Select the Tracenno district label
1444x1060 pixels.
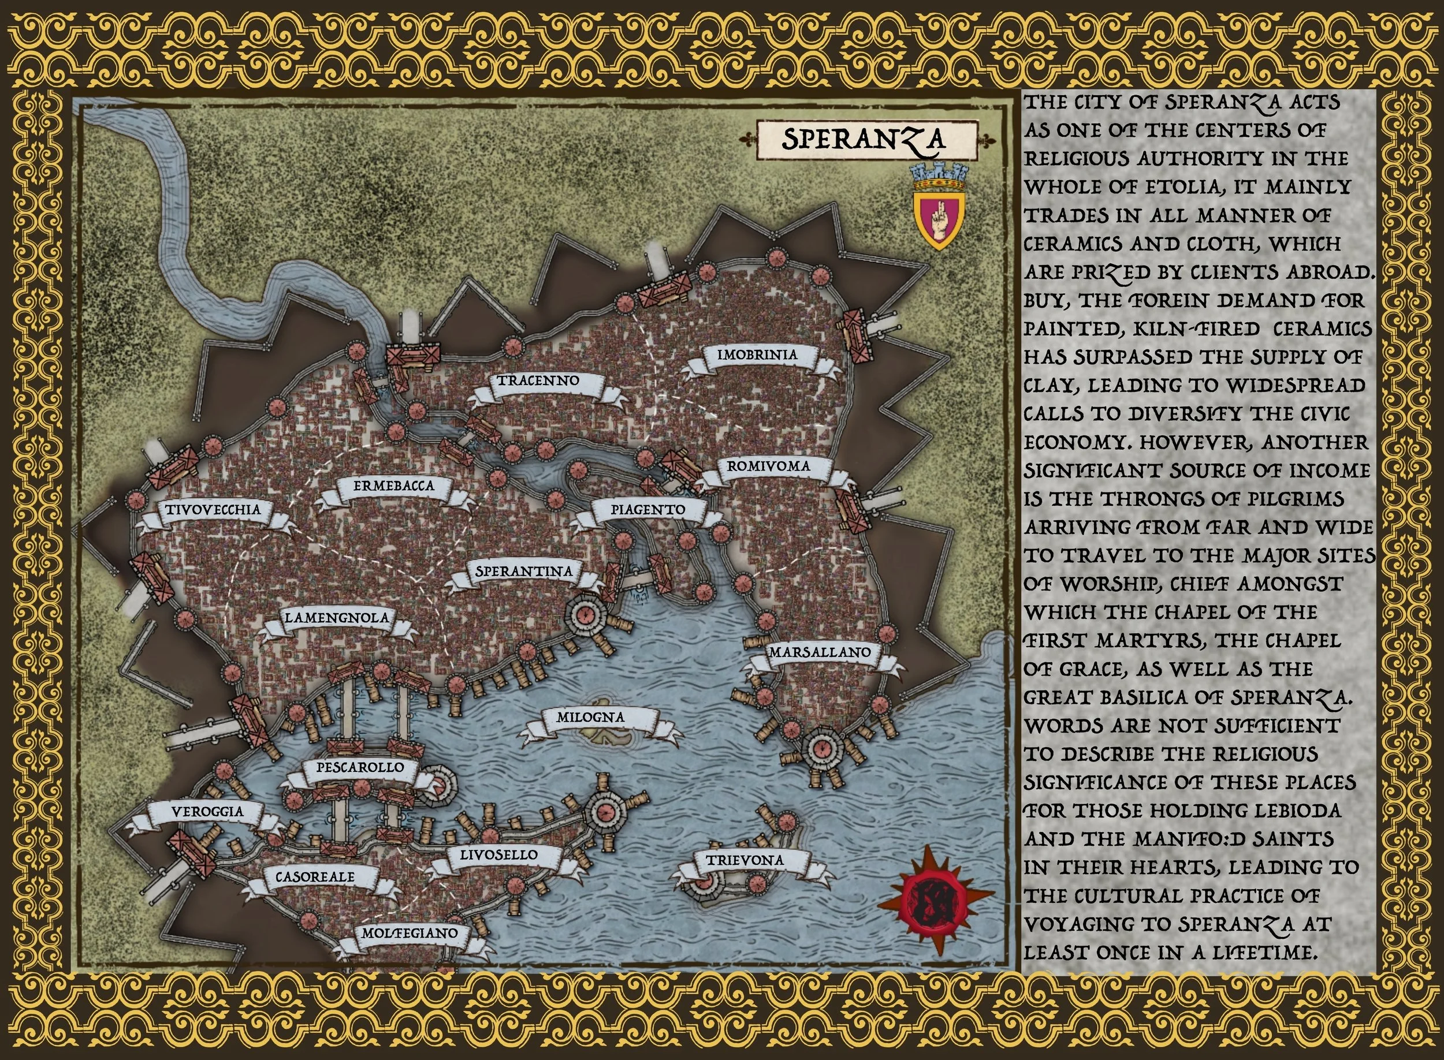pos(538,380)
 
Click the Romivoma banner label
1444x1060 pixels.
pos(768,466)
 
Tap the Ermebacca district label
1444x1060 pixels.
pos(394,486)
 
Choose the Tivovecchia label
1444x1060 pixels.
pos(213,510)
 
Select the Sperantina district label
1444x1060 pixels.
pos(524,571)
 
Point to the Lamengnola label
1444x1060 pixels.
pos(337,618)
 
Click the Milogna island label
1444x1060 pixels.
pos(590,718)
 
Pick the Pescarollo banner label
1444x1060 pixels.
pos(360,767)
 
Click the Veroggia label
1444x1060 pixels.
pos(207,812)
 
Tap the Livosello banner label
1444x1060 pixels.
pos(498,855)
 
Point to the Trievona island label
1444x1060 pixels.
pos(745,860)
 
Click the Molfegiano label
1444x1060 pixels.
pos(410,934)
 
